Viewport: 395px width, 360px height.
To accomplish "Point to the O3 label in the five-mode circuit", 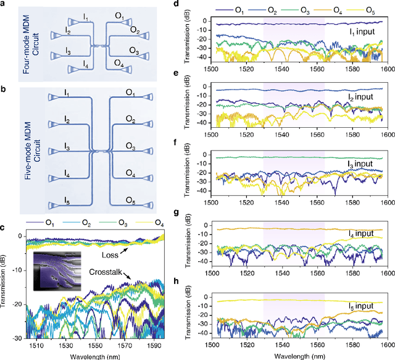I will click(131, 146).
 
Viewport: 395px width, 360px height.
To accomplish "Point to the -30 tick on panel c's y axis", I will click(19, 338).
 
